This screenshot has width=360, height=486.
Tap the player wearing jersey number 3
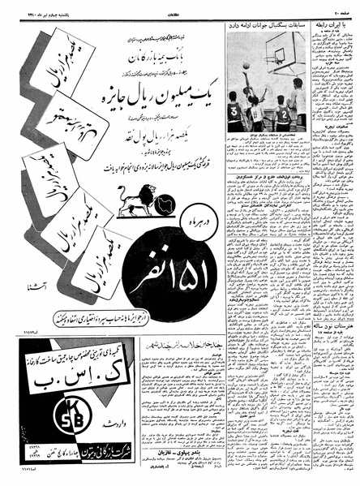[x=234, y=113]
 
